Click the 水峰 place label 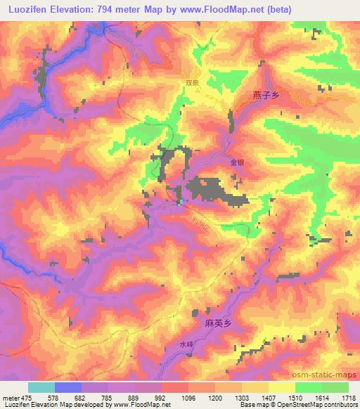(x=185, y=345)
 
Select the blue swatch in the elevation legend (x=67, y=387)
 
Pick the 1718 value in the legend (x=348, y=398)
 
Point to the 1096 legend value (x=188, y=398)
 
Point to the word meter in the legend (x=11, y=398)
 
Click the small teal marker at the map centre (x=180, y=202)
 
